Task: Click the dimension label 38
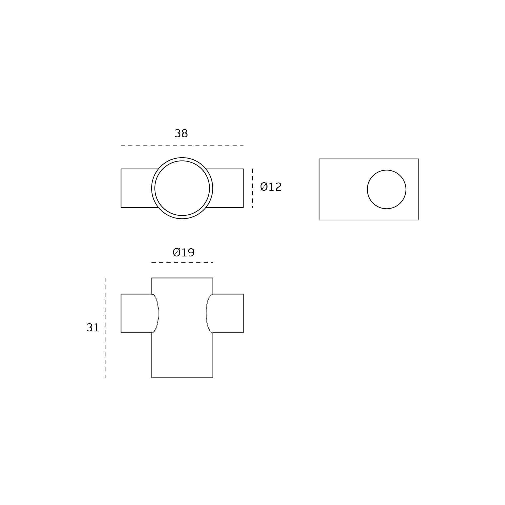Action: point(181,134)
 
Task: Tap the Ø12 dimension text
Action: point(271,187)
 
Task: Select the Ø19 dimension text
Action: point(184,253)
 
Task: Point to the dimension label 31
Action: point(93,328)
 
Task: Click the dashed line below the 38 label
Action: point(182,146)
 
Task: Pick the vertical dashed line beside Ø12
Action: point(252,188)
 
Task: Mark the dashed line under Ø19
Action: point(182,262)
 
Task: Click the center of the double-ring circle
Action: point(182,188)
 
